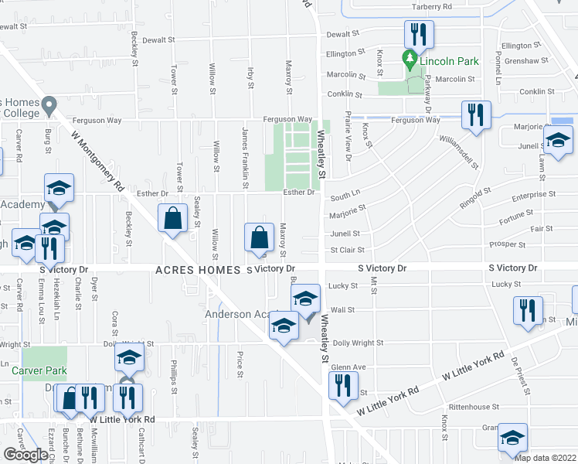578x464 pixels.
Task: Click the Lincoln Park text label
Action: [x=450, y=61]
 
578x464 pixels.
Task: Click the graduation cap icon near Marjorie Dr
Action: [x=557, y=142]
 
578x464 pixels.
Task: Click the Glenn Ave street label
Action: [x=348, y=367]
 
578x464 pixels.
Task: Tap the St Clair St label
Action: [x=347, y=250]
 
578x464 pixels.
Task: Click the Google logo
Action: [x=26, y=455]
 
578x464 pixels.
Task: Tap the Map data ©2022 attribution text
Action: [x=545, y=457]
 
